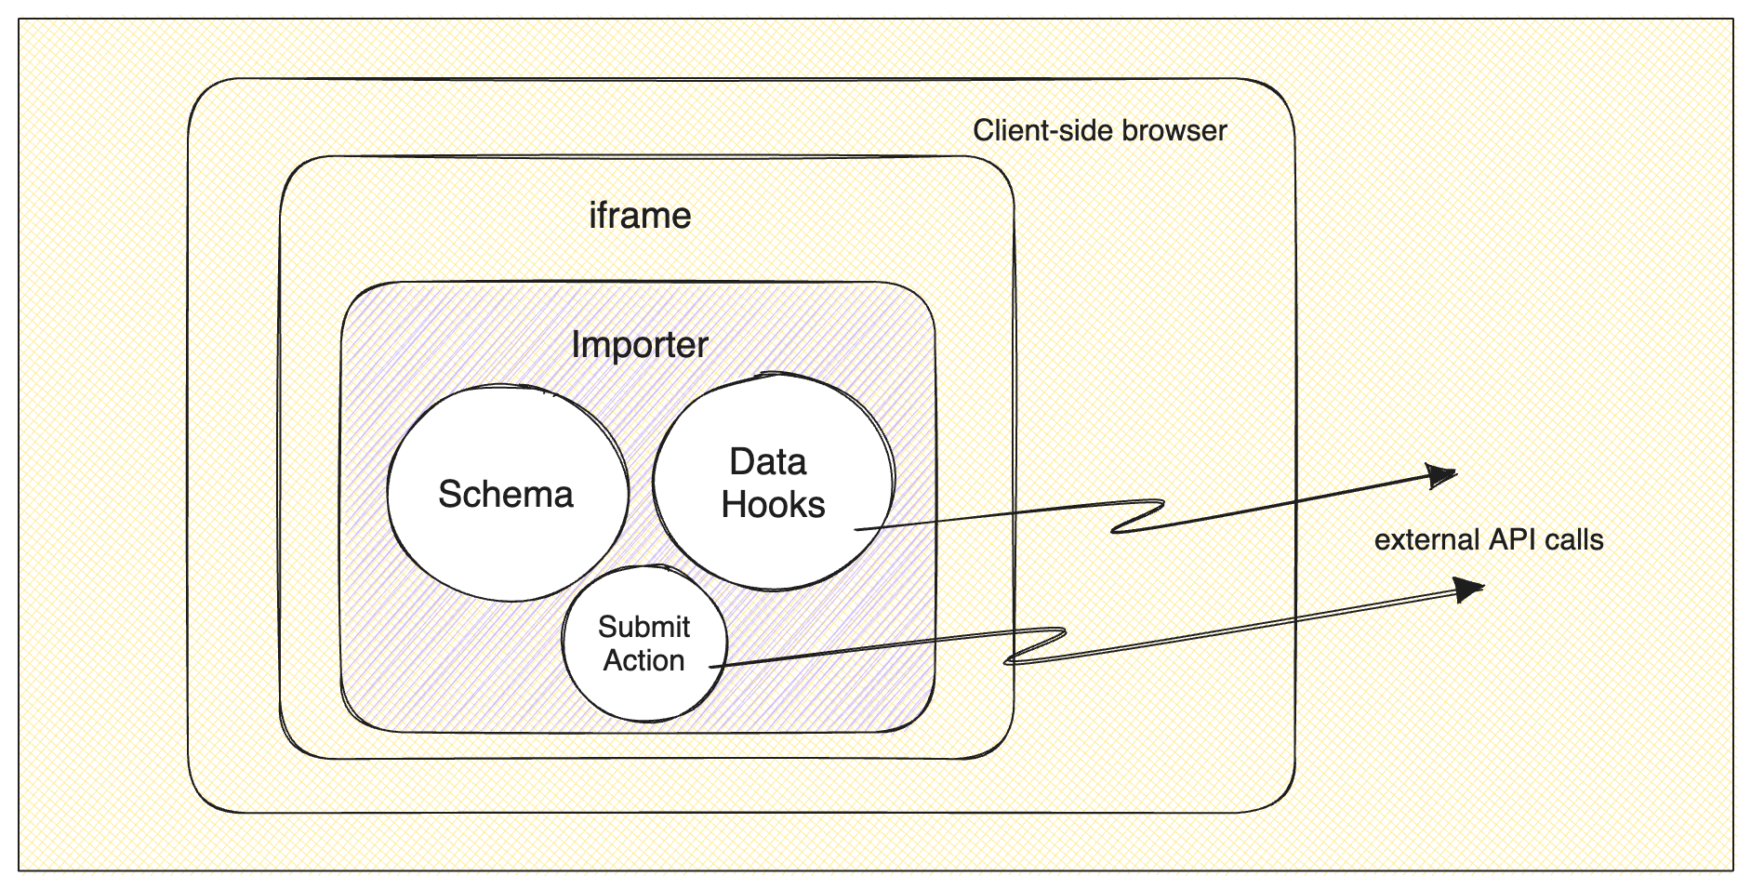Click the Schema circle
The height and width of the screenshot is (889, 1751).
(x=507, y=494)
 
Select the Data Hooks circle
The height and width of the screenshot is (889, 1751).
(x=773, y=482)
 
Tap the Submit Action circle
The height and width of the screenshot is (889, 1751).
(x=644, y=644)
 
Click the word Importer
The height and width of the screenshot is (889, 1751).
(x=640, y=345)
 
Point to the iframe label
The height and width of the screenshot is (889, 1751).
(x=640, y=216)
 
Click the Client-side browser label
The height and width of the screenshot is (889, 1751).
(x=1099, y=130)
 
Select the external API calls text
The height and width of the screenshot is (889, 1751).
(x=1488, y=539)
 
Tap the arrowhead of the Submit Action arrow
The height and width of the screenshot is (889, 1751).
(x=1469, y=589)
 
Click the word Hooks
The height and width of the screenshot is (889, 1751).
(x=773, y=505)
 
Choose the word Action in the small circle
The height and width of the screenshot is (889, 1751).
(x=643, y=660)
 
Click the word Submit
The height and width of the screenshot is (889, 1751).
(x=643, y=627)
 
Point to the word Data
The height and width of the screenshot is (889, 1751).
(x=767, y=462)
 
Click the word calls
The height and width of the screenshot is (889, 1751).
(x=1574, y=539)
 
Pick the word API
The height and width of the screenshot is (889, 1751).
(x=1513, y=539)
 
